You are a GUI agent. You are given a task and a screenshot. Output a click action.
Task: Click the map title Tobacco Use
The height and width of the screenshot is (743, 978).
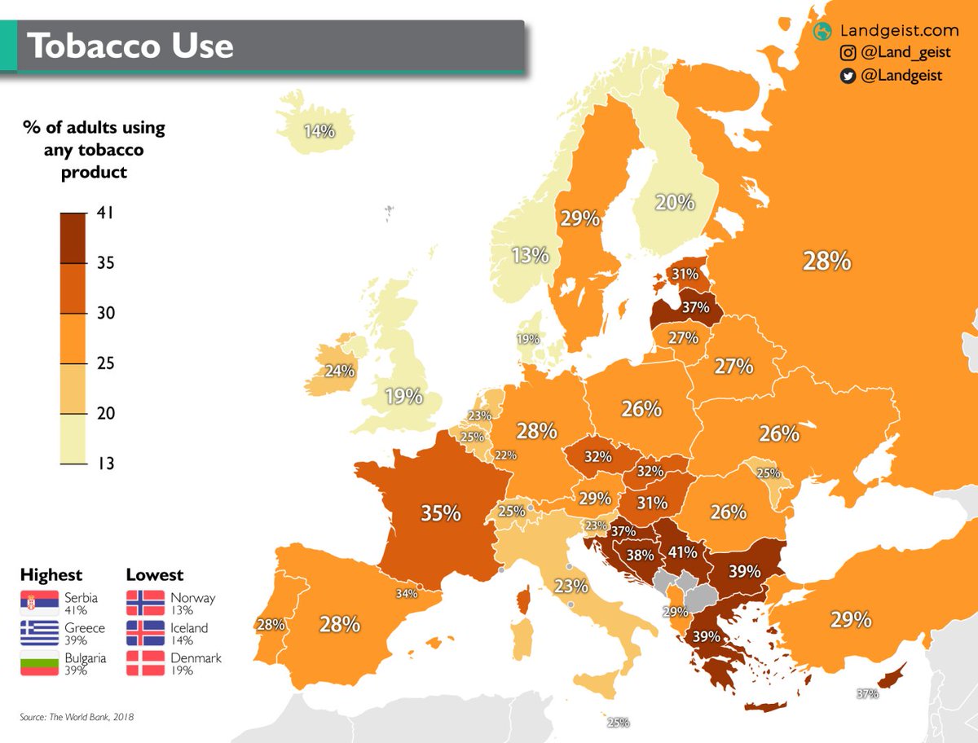click(x=130, y=46)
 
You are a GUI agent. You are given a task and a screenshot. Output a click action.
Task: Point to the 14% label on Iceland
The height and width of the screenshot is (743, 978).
click(x=319, y=130)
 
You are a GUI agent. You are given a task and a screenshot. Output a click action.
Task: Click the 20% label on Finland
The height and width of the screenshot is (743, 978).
click(x=675, y=202)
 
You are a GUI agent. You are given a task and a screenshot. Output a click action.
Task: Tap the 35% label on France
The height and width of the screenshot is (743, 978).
click(x=441, y=513)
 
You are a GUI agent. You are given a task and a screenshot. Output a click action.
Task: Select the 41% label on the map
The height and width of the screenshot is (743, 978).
click(x=681, y=552)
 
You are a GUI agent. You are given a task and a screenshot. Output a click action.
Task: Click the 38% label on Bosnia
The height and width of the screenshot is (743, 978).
click(x=639, y=556)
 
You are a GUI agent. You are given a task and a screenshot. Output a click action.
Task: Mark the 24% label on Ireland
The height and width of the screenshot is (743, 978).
click(x=340, y=371)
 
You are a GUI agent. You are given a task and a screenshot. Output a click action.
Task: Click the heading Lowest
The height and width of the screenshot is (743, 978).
click(x=155, y=575)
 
